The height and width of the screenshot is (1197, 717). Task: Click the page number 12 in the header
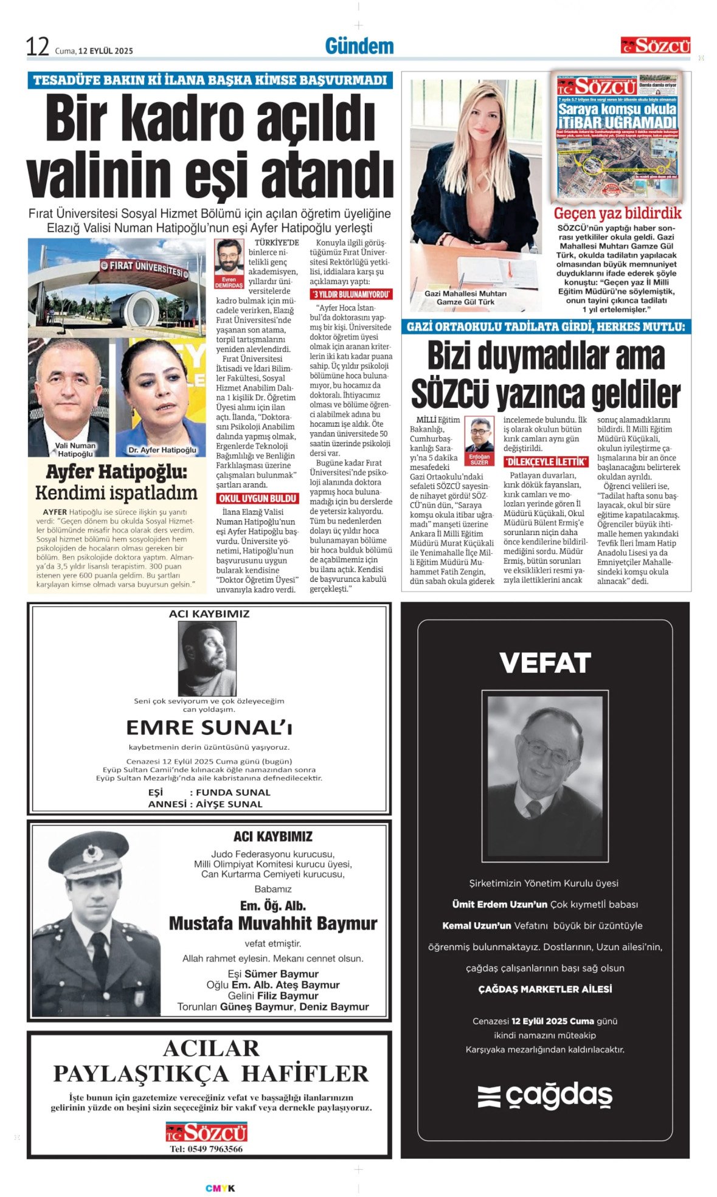point(37,47)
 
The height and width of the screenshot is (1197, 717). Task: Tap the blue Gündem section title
point(359,46)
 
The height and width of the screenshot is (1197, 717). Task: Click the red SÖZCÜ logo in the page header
point(655,46)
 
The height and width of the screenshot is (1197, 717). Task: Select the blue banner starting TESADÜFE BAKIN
point(210,80)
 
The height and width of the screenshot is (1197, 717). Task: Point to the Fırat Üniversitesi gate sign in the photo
point(146,268)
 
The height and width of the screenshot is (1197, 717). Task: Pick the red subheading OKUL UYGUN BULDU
point(257,498)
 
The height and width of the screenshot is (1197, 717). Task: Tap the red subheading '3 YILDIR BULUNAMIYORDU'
point(351,294)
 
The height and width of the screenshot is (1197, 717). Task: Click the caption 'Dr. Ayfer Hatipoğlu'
point(162,450)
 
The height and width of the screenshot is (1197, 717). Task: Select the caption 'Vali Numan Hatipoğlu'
point(75,449)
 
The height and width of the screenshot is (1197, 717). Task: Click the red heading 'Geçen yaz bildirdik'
point(617,213)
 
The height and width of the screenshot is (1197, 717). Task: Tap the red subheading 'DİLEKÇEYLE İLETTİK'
point(546,461)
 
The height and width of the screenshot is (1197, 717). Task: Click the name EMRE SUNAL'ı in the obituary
point(209,728)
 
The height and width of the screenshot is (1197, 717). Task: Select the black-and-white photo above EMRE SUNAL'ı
point(207,658)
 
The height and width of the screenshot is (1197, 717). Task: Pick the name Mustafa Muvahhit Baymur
point(273,923)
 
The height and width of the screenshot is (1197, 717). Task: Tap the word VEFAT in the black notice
point(545,663)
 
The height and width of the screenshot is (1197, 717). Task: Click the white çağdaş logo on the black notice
point(545,1096)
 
